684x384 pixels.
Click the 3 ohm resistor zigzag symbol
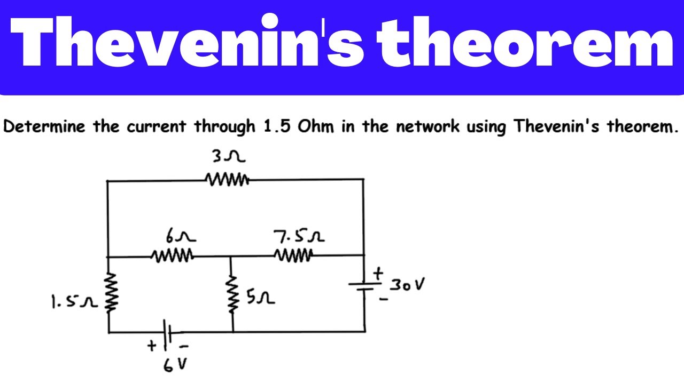[228, 180]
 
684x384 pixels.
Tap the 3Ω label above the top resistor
[229, 156]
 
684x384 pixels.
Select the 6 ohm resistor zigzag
[173, 255]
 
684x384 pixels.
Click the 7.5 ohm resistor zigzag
[293, 255]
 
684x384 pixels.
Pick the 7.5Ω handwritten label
[299, 237]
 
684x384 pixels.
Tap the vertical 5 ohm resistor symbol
[232, 294]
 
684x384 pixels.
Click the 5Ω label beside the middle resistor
[260, 297]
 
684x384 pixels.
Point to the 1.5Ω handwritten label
[74, 301]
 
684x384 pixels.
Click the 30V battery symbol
[364, 286]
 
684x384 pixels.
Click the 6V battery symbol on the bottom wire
[167, 332]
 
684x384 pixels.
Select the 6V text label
[175, 365]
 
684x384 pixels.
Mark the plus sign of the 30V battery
[378, 274]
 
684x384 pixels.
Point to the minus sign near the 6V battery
[184, 346]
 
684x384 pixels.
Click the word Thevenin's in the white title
[187, 41]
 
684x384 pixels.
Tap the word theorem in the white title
[525, 42]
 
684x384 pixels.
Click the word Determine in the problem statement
[44, 126]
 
